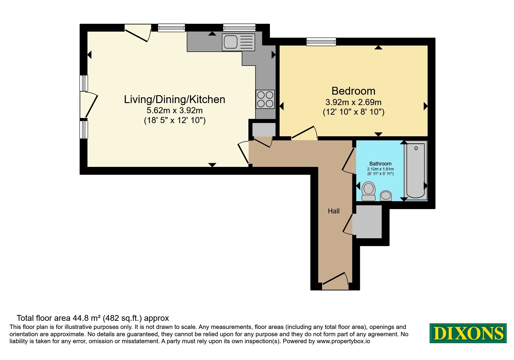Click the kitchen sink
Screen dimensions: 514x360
(x=238, y=42)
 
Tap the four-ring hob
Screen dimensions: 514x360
(x=265, y=99)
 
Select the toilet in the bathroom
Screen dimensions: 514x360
(x=369, y=191)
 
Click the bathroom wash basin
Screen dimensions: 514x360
(x=386, y=196)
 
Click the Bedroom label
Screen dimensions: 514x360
(x=354, y=91)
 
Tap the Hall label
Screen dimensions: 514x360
(x=334, y=211)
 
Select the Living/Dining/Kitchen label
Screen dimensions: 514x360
(x=175, y=99)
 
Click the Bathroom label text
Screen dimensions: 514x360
(x=380, y=164)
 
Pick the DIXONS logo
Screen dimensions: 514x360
(x=468, y=333)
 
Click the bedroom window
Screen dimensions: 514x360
(x=321, y=42)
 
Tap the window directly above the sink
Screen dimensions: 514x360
(x=239, y=28)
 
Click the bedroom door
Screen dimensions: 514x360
(x=304, y=133)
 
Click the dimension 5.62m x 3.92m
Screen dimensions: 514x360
(x=175, y=111)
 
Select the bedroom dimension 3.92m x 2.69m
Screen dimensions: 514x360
(x=354, y=102)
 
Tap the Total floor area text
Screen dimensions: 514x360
(x=93, y=318)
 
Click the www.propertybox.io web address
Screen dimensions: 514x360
(x=343, y=341)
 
